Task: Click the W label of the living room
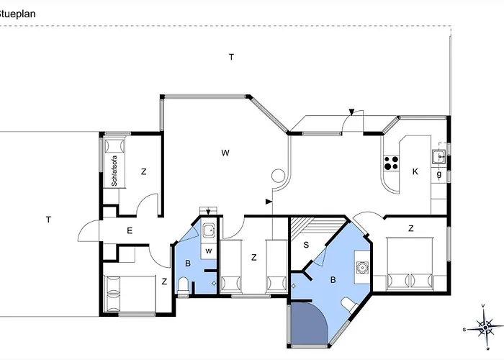pyautogui.click(x=225, y=153)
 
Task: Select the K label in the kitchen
pyautogui.click(x=415, y=171)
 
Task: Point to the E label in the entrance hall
pyautogui.click(x=130, y=230)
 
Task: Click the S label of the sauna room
pyautogui.click(x=306, y=246)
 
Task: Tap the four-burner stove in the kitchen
pyautogui.click(x=391, y=163)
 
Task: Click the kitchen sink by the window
pyautogui.click(x=438, y=155)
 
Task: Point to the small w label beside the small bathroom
pyautogui.click(x=208, y=251)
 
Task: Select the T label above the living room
pyautogui.click(x=231, y=56)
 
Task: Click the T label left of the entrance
pyautogui.click(x=48, y=219)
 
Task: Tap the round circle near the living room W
pyautogui.click(x=277, y=174)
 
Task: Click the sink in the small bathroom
pyautogui.click(x=207, y=230)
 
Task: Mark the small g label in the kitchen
pyautogui.click(x=438, y=174)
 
